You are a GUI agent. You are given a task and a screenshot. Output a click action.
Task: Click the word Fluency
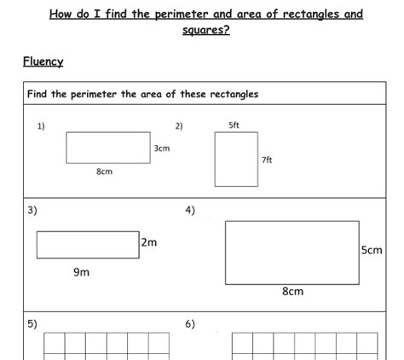(43, 61)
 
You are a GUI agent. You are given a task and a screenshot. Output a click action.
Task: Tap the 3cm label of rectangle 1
(162, 148)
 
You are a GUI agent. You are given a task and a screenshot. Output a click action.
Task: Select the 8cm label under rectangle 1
(104, 171)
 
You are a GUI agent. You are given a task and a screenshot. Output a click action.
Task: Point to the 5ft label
(234, 126)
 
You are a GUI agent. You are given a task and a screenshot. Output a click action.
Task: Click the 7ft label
(267, 160)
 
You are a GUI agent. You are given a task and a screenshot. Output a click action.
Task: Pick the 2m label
(149, 242)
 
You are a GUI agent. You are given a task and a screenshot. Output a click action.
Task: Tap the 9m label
(82, 272)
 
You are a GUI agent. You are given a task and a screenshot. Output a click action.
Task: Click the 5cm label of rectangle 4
(372, 251)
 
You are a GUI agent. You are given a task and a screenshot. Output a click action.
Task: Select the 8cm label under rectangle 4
(292, 292)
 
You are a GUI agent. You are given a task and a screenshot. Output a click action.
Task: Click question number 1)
(41, 126)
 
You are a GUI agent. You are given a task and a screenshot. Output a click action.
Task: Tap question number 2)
(179, 126)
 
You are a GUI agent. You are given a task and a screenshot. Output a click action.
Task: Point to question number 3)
(32, 210)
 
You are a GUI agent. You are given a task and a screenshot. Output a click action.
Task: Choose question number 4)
(190, 210)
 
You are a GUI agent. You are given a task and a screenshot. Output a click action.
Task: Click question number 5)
(32, 323)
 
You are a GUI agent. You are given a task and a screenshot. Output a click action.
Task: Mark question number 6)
(190, 323)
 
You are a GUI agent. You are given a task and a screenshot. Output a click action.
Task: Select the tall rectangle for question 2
(236, 160)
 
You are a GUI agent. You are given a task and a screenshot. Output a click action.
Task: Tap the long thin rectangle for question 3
(87, 244)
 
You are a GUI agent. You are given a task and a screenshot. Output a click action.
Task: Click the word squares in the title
(205, 31)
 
